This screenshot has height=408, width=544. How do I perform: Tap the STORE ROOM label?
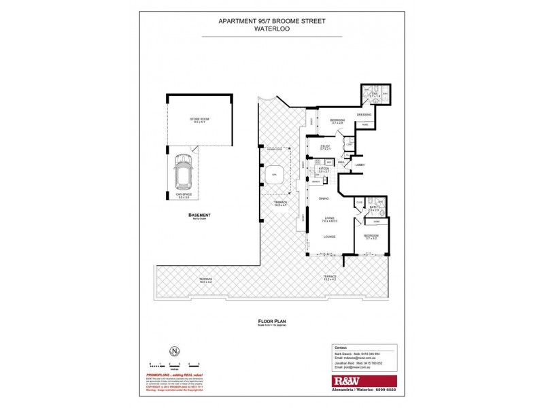point(199,120)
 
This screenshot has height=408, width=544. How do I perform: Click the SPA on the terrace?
point(275,175)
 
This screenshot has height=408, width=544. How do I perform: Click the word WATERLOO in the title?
point(271,29)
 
